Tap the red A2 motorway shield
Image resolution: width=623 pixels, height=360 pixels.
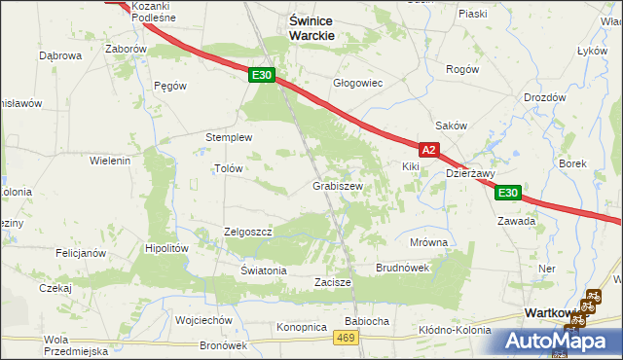click(430, 150)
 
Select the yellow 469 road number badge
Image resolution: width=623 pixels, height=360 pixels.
click(344, 337)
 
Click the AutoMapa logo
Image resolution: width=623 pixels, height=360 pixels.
click(559, 341)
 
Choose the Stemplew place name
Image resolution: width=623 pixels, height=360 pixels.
click(229, 138)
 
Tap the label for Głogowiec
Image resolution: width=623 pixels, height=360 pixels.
click(358, 84)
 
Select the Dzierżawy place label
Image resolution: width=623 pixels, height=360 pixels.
click(471, 174)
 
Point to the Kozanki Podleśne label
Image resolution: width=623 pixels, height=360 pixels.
click(136, 11)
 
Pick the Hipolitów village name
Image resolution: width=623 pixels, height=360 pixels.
click(165, 248)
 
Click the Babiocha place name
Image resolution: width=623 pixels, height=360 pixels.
click(367, 320)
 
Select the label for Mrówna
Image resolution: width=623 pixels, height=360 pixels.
click(428, 242)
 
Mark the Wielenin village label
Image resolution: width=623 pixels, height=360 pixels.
click(110, 160)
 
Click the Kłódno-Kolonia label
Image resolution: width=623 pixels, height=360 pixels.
click(455, 330)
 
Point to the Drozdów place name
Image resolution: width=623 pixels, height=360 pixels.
click(544, 97)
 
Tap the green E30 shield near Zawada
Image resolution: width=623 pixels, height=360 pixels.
click(508, 193)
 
